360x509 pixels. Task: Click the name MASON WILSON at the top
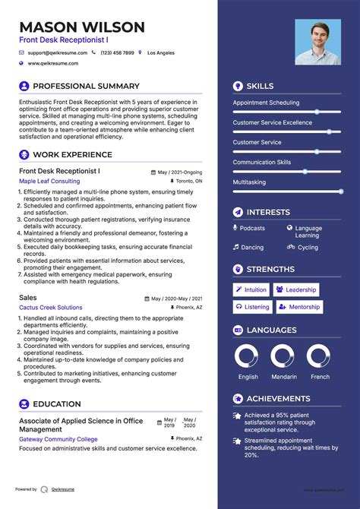(82, 28)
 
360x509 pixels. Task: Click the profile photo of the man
(317, 42)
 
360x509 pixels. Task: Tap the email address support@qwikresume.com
(58, 53)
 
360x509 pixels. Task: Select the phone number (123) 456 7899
(117, 53)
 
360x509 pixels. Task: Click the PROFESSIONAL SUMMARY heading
(86, 87)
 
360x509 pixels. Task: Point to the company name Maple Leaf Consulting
(49, 182)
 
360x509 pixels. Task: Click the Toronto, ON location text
(188, 182)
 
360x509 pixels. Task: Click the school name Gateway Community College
(58, 439)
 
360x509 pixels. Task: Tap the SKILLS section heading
(260, 87)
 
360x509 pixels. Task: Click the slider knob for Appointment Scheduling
(317, 112)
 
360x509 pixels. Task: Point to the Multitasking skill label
(249, 182)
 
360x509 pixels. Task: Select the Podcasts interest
(252, 228)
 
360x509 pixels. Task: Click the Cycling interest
(308, 247)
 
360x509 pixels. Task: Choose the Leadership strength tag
(296, 289)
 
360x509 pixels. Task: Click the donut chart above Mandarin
(282, 356)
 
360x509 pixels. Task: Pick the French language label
(321, 377)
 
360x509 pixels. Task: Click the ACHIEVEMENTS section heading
(278, 399)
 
